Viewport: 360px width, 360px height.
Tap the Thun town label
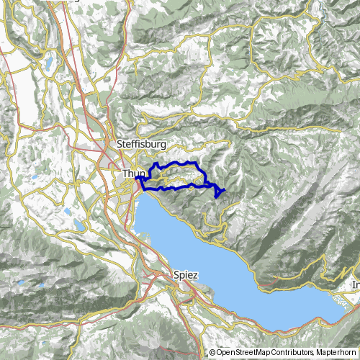(x=133, y=174)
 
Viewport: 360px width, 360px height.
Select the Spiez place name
(x=186, y=275)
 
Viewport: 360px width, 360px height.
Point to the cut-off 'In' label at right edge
(x=355, y=285)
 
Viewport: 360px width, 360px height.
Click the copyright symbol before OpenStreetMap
(x=212, y=353)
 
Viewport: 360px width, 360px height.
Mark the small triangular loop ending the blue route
(x=219, y=191)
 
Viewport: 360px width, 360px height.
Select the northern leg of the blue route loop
(x=180, y=164)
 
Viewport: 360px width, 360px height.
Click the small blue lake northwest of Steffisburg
(x=48, y=65)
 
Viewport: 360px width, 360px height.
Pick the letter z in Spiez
(x=197, y=275)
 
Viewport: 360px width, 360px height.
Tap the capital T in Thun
(x=125, y=174)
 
